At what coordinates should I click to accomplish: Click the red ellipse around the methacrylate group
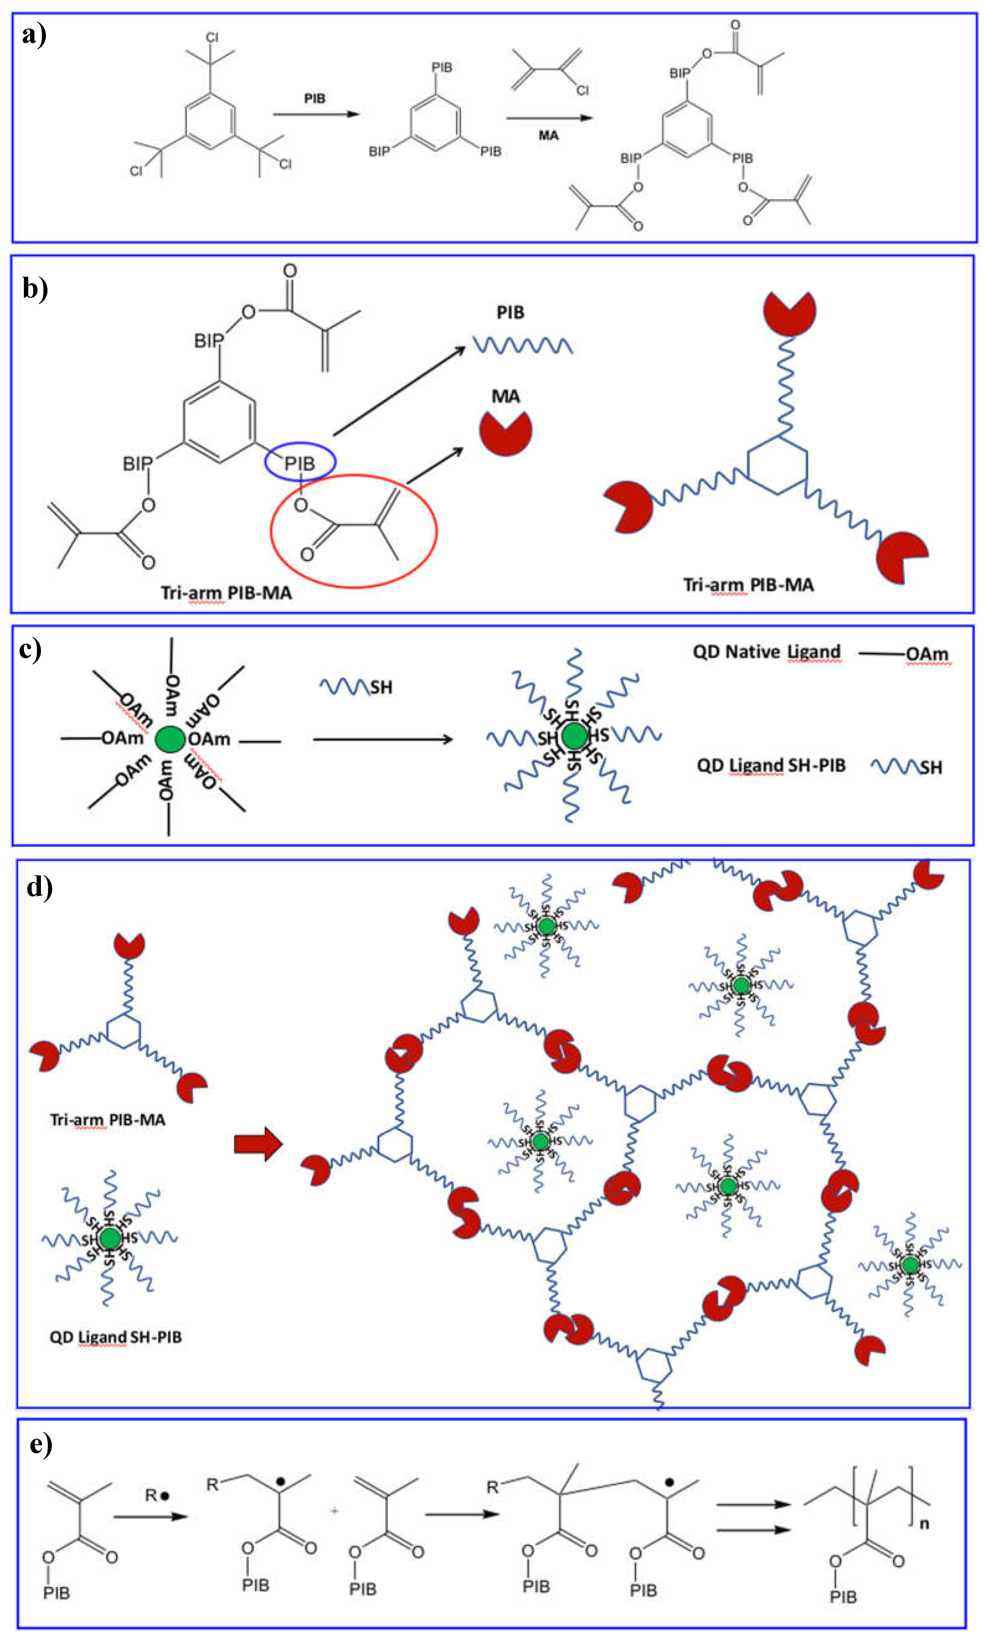click(x=353, y=530)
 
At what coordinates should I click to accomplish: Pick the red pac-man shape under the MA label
click(x=505, y=433)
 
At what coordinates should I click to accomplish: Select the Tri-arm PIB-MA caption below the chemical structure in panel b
click(x=226, y=592)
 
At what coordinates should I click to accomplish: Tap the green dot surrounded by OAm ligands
click(x=170, y=739)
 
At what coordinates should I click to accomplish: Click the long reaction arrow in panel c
click(x=382, y=739)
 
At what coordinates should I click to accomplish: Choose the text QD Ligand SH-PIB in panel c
click(x=771, y=766)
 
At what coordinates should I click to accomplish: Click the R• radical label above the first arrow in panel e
click(x=157, y=1495)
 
